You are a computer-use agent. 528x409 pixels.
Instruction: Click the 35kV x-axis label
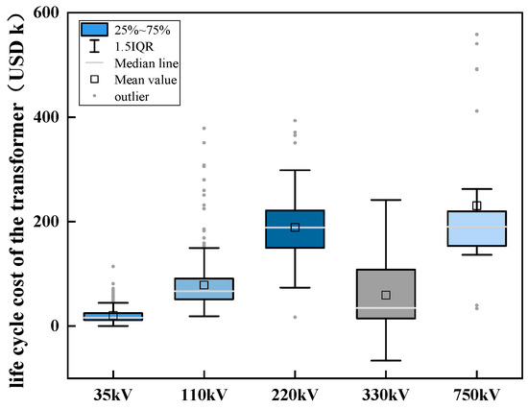[113, 395]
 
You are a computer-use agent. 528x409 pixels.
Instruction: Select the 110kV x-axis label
[204, 395]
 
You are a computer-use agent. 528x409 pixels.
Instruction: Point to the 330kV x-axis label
[386, 395]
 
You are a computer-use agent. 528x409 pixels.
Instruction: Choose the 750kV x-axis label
[476, 395]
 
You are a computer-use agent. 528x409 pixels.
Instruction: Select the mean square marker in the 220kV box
[295, 228]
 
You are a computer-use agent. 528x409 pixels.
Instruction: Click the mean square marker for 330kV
[386, 295]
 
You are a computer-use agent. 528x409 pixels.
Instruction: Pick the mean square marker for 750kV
[476, 205]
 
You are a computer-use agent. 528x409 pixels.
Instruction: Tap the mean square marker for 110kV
[204, 285]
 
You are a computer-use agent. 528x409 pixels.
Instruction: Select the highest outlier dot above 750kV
[476, 35]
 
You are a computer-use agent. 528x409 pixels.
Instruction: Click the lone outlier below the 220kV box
[295, 317]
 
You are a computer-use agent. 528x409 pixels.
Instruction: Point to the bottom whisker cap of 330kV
[386, 360]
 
